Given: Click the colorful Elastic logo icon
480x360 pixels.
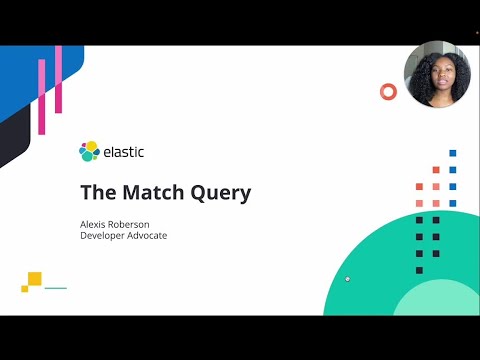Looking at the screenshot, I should coord(89,152).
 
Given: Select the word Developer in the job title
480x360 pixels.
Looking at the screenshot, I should coord(103,236).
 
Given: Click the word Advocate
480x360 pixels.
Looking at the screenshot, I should coord(149,236).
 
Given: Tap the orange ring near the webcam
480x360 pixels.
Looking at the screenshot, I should coord(388,92).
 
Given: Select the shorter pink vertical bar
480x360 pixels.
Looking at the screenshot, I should coord(42,96).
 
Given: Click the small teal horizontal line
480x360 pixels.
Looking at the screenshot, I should coord(56,288).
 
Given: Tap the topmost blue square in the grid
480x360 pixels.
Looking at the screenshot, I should coord(452,153).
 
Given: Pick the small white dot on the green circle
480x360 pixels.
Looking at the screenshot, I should coord(347,279).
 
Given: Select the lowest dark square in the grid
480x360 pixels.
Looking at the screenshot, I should coord(419,270).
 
